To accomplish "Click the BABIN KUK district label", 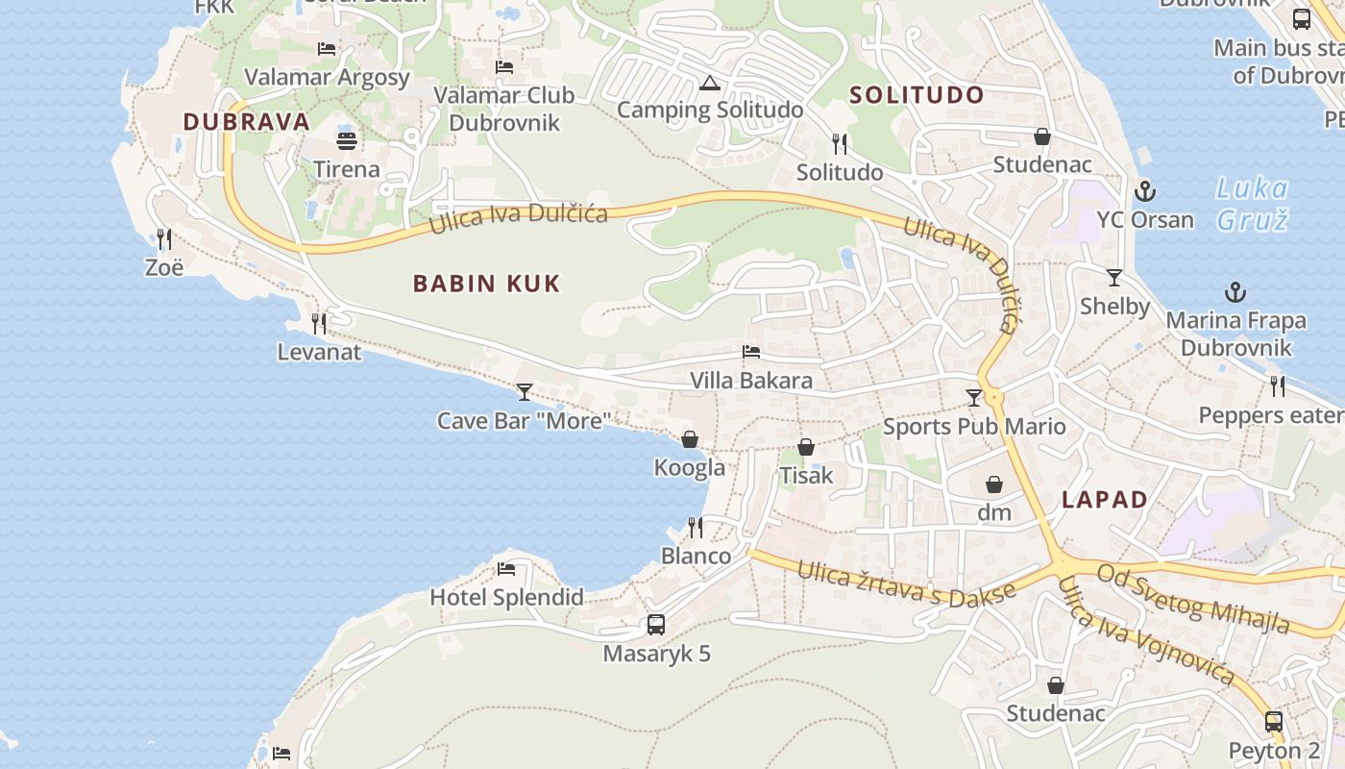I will pos(486,284).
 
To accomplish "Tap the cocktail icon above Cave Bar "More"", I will pos(524,391).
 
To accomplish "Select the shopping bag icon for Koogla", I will pos(690,440).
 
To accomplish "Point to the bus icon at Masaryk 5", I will pos(656,625).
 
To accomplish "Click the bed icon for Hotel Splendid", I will pos(506,569).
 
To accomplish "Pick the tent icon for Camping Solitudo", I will pos(710,83).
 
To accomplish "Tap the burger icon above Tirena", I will pos(347,140).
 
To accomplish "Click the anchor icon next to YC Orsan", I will pos(1144,190).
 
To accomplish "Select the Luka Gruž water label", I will pos(1252,204).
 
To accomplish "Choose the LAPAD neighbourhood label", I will pos(1105,500).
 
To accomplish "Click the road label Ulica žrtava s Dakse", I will pos(906,583).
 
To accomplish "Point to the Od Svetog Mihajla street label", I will pos(1193,598).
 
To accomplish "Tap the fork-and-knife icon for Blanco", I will pos(696,527).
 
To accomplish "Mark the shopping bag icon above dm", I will pos(994,484).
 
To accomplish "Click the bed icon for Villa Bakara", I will pos(751,352).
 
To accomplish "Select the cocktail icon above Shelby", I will pos(1114,278).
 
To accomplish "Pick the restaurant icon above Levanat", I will pos(319,323).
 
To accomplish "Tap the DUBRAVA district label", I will pos(247,122).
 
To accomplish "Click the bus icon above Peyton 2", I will pos(1274,722).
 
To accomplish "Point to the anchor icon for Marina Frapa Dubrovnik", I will pos(1235,292).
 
